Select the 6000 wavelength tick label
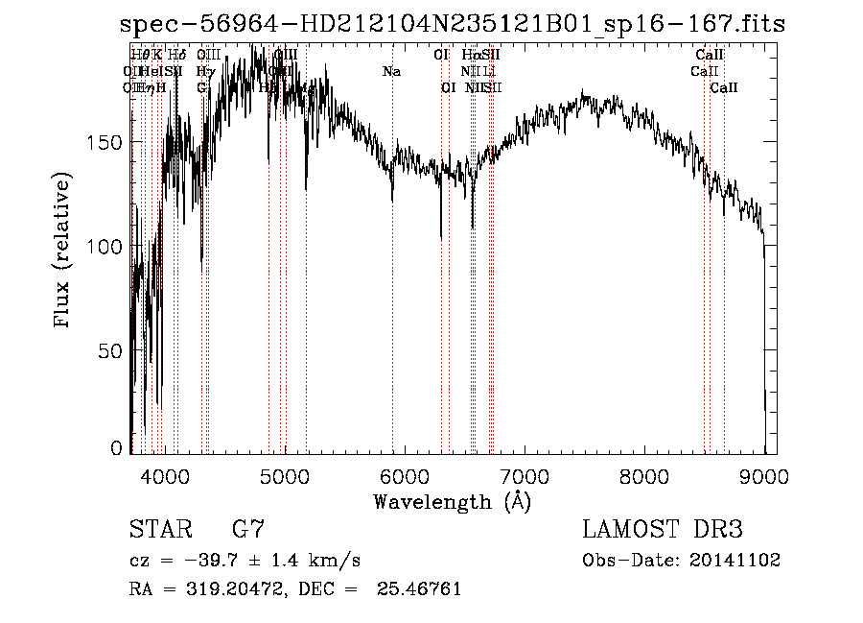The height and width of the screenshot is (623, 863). coord(404,474)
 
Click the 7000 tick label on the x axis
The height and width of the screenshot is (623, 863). coord(524,474)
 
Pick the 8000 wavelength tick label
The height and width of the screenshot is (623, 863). coord(643,474)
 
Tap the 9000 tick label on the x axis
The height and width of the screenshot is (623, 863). coord(763,474)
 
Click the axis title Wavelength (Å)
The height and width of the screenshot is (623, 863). coord(452,501)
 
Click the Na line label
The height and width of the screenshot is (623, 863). coord(391,72)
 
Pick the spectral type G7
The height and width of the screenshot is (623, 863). coord(247,529)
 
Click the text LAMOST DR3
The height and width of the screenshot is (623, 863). coord(662,529)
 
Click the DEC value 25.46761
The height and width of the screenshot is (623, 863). coord(421,588)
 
